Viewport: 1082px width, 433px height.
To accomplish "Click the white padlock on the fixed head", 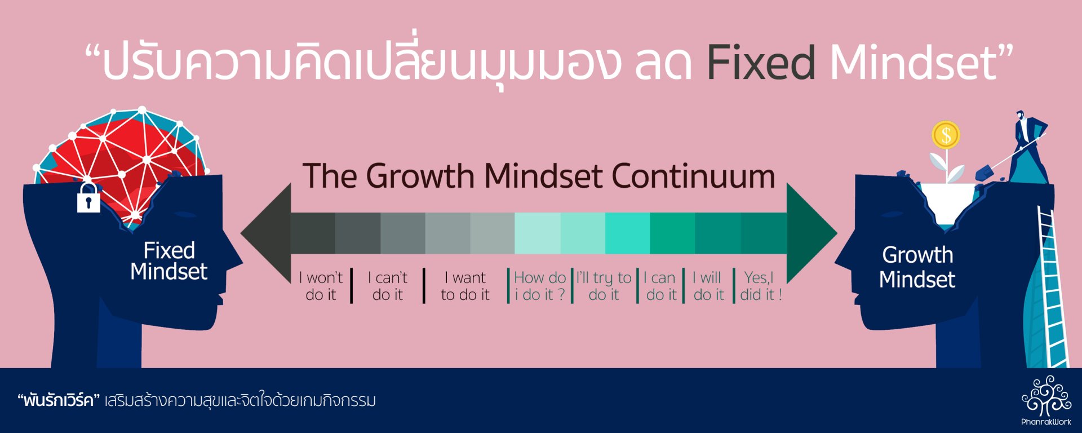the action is click(x=88, y=197).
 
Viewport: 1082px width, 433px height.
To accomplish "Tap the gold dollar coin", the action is click(x=946, y=135).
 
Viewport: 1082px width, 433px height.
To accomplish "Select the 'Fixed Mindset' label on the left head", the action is click(x=169, y=260).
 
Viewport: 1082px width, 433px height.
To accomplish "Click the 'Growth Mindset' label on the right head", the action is click(x=917, y=267).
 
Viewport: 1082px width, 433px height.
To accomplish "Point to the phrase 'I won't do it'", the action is click(x=321, y=286).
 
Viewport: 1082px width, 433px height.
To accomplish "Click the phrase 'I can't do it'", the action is click(x=388, y=286).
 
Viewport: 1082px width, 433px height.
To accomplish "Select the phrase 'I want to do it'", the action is click(x=465, y=286).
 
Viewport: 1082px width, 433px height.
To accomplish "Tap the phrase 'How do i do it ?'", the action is click(x=540, y=286).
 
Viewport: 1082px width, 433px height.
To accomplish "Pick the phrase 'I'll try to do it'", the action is click(x=604, y=286).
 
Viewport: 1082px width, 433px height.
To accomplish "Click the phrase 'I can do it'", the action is click(x=660, y=286).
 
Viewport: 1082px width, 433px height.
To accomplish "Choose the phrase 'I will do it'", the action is click(x=708, y=286).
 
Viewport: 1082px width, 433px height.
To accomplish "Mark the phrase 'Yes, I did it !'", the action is click(x=761, y=286).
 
